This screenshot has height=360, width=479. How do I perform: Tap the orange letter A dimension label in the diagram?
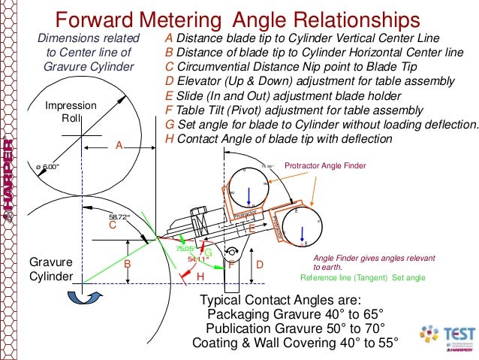(x=118, y=145)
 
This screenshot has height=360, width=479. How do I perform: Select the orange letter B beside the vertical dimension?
(x=128, y=265)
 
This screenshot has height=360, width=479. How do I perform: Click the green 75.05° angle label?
(x=185, y=247)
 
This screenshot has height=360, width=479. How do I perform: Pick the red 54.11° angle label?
(x=197, y=259)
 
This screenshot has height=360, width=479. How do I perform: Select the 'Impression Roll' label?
(x=71, y=113)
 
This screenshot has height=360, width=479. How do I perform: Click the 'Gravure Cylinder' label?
(x=51, y=269)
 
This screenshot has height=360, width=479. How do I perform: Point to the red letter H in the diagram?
(x=200, y=277)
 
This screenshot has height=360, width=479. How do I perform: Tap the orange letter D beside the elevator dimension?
(x=260, y=265)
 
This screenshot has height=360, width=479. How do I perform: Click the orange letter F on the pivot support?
(x=232, y=265)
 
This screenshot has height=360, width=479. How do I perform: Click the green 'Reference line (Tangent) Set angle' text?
(x=363, y=277)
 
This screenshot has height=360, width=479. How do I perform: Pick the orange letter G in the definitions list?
(x=169, y=125)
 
